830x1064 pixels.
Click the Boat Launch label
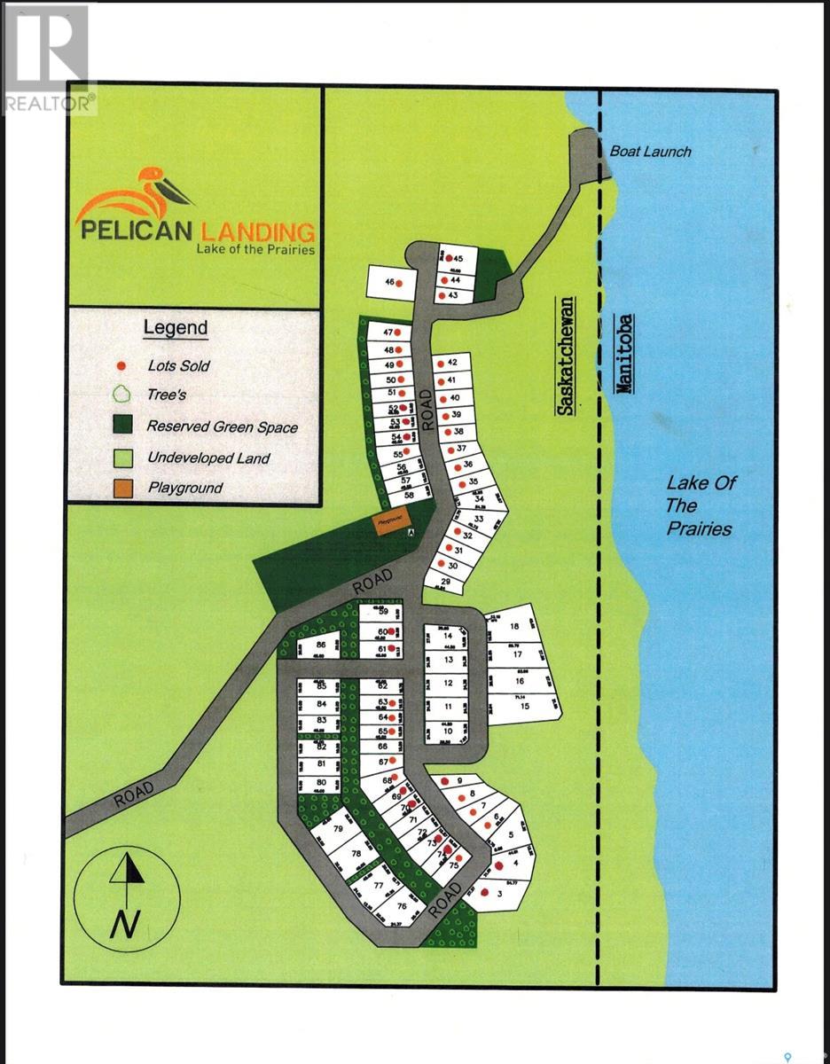(x=650, y=152)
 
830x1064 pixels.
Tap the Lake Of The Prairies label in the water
(x=700, y=505)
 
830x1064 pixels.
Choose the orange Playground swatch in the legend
(x=124, y=488)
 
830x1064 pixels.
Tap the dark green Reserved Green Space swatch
(x=124, y=426)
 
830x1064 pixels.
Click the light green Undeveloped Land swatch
(x=124, y=458)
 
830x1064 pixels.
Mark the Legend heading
(x=176, y=328)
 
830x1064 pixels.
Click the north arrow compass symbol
(x=127, y=895)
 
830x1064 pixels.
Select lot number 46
(x=388, y=283)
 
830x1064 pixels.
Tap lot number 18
(x=514, y=627)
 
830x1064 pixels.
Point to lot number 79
(x=338, y=829)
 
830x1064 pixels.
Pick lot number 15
(x=524, y=706)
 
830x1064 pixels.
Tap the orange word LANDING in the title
(x=257, y=232)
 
